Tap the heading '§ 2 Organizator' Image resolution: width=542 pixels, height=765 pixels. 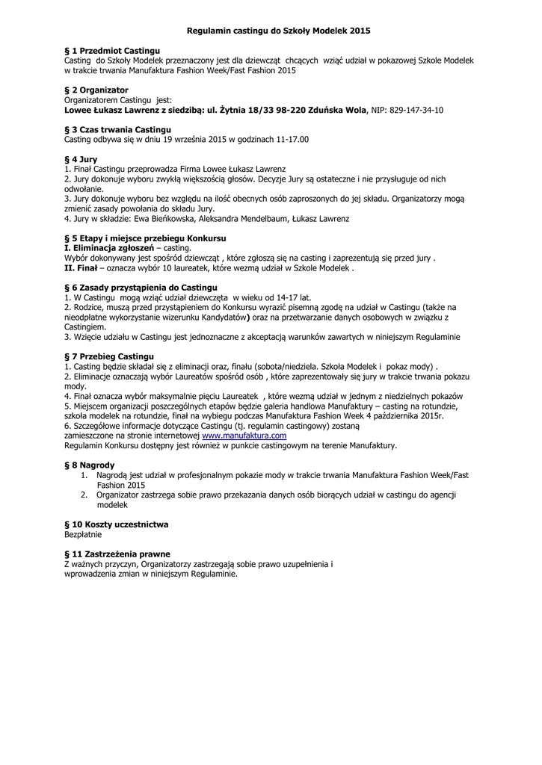pos(96,90)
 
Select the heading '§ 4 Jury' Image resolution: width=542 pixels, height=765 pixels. pos(81,160)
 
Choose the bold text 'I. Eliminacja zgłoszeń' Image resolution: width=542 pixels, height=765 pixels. pos(109,247)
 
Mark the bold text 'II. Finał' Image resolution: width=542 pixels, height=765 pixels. pos(81,267)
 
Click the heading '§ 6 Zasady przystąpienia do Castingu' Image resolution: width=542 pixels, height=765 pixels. pos(141,287)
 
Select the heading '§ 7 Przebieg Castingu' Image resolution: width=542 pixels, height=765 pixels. pos(109,356)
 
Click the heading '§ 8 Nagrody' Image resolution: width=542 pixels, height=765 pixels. pos(90,465)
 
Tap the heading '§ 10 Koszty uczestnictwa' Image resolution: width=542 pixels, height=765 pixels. pos(117,524)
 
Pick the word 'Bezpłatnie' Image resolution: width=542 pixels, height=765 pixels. pos(82,534)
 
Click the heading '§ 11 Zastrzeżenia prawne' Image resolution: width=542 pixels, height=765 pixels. pos(117,554)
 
